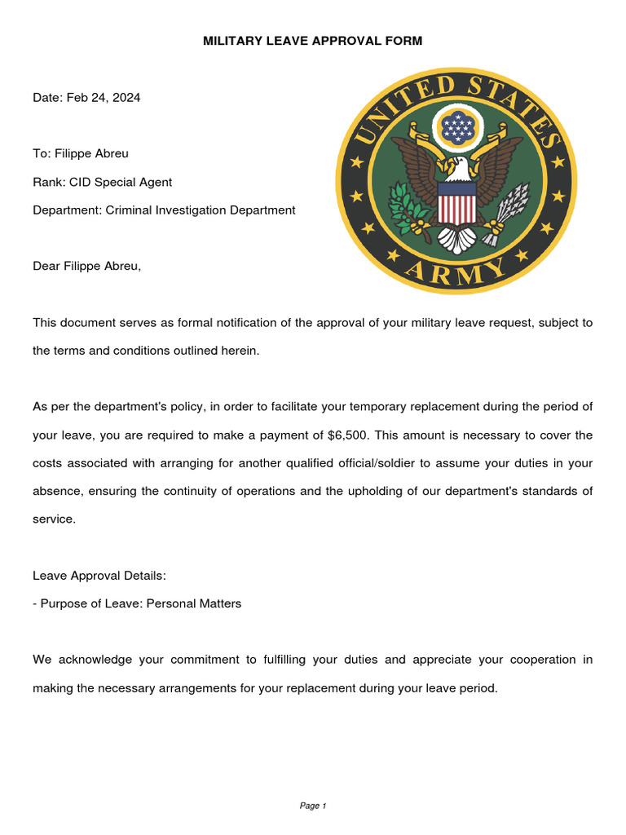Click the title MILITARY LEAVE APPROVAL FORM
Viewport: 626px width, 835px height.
pos(313,41)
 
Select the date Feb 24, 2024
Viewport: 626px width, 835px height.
pos(104,97)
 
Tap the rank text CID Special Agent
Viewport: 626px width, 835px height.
pos(121,182)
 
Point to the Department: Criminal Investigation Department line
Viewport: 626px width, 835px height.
pos(164,210)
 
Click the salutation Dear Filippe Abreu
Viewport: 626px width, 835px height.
pos(86,266)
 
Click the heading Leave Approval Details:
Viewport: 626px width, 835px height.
pos(99,576)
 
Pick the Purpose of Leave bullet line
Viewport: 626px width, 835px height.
pos(137,604)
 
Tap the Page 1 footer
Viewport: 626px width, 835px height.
pos(313,806)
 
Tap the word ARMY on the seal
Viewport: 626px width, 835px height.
pos(456,272)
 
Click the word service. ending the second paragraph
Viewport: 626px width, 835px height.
pos(54,519)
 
